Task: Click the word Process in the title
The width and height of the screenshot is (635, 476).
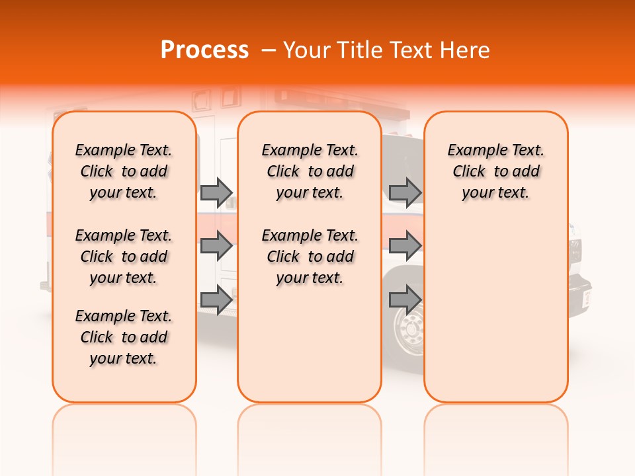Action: click(x=204, y=50)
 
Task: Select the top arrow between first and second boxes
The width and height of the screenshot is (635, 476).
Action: click(x=216, y=192)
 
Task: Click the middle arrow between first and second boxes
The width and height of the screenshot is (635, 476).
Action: click(x=216, y=246)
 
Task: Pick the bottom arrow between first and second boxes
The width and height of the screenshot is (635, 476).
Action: click(x=216, y=300)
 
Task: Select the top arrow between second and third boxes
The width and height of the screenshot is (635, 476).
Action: click(x=405, y=192)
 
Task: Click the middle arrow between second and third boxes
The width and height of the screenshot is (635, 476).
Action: click(x=405, y=246)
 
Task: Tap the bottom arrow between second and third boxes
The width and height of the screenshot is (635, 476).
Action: click(x=405, y=300)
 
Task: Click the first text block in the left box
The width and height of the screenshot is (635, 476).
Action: click(x=124, y=171)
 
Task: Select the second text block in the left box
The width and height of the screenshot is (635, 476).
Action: click(x=124, y=257)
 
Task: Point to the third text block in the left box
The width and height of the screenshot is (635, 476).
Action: click(x=124, y=337)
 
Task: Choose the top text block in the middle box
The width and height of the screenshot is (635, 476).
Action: click(x=310, y=171)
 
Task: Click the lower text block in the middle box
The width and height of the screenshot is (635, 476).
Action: click(x=310, y=257)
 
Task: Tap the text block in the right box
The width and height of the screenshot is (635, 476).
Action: click(x=495, y=171)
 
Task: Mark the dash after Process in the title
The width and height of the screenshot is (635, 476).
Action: click(x=269, y=50)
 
